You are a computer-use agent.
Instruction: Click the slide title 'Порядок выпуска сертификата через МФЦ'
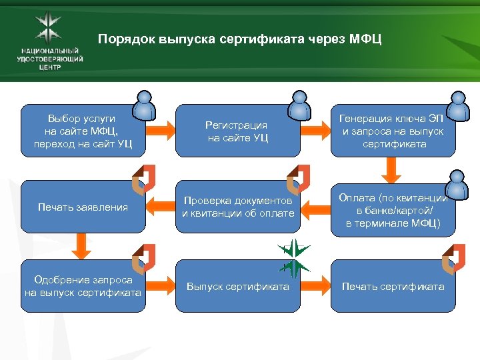240,39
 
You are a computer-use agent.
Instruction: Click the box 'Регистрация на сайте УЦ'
237,131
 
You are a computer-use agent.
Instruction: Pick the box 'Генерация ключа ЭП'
393,131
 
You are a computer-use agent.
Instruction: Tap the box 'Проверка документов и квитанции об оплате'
237,207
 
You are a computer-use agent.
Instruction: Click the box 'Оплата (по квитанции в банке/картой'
393,209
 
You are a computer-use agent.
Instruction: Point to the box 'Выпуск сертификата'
237,287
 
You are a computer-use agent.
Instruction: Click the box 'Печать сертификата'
393,287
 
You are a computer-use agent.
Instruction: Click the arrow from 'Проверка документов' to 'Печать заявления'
159,207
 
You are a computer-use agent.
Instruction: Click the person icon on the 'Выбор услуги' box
145,105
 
